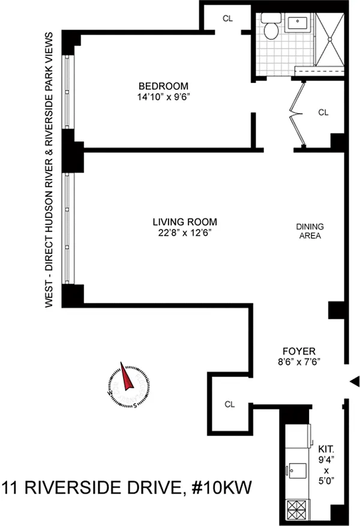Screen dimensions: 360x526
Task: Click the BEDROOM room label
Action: coord(164,86)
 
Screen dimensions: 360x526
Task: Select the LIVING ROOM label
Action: coord(185,222)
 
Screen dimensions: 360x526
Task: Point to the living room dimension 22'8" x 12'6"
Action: coord(185,233)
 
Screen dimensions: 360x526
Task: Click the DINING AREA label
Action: coord(310,231)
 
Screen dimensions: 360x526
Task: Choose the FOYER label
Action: coord(299,351)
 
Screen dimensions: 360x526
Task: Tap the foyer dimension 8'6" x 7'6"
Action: coord(299,362)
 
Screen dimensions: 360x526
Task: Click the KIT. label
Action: coord(326,449)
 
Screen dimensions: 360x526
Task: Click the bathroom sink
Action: coord(298,22)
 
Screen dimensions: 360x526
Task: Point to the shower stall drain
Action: coord(330,39)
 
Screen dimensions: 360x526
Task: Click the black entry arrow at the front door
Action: coord(355,381)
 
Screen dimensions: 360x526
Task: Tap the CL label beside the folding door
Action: coord(323,113)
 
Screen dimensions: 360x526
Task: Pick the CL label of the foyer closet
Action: coord(230,405)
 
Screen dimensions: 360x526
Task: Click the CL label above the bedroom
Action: coord(227,19)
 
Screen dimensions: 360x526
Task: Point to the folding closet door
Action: coord(298,114)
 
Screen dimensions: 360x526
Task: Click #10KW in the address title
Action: coord(221,487)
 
